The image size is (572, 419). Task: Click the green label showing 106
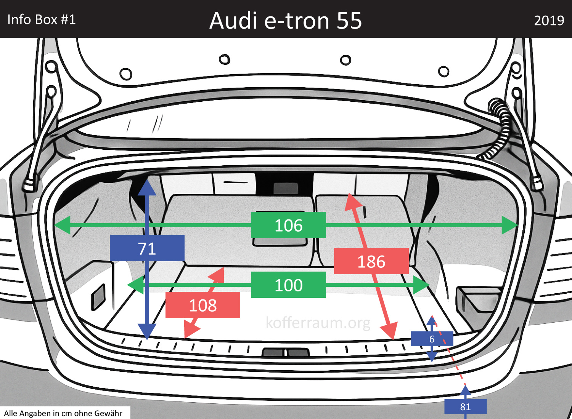click(x=288, y=225)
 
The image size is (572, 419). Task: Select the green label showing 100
click(x=288, y=285)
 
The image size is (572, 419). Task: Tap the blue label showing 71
click(x=147, y=248)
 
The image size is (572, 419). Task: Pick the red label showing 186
click(x=371, y=261)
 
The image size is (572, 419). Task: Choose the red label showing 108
click(x=202, y=305)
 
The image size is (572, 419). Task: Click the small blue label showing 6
click(x=432, y=339)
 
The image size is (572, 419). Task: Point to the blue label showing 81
click(x=465, y=407)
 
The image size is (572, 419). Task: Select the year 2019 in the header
click(x=549, y=21)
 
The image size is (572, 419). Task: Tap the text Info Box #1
click(x=42, y=19)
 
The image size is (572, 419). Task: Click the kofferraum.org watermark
click(x=318, y=323)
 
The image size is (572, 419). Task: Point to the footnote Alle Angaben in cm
click(x=63, y=413)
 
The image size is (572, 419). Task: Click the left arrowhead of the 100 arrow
click(x=135, y=285)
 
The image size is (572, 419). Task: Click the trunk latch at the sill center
click(x=285, y=352)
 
